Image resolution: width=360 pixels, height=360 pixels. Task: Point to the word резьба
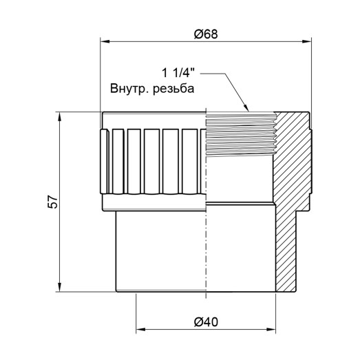[x=174, y=89]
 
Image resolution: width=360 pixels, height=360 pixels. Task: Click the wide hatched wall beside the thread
[x=293, y=158]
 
